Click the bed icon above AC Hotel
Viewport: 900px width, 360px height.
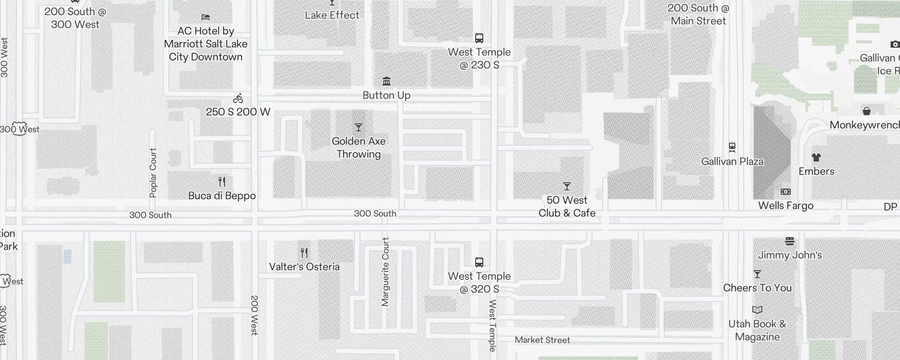(x=206, y=17)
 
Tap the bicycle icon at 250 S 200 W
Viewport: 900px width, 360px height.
(x=238, y=99)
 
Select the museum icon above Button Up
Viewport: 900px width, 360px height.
(x=387, y=81)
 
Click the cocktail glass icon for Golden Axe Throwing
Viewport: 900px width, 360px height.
(x=359, y=128)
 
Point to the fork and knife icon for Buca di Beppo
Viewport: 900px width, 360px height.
(x=222, y=182)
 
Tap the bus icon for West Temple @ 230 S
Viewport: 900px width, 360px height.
(x=479, y=38)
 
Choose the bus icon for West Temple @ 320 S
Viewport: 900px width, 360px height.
(x=479, y=262)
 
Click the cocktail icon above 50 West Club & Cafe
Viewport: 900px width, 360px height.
(x=567, y=186)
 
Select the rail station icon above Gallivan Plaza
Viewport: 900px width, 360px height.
(x=732, y=147)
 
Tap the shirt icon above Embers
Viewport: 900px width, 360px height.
(x=816, y=157)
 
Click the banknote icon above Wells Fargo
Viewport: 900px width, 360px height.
(x=786, y=192)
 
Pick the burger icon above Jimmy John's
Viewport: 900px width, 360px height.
(x=790, y=241)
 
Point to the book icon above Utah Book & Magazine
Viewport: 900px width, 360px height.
(x=757, y=310)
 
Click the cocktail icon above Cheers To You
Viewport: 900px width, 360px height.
(x=757, y=274)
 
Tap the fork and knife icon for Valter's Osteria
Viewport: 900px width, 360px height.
(x=304, y=253)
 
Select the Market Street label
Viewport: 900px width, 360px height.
(x=542, y=340)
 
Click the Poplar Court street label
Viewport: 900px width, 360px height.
(x=153, y=173)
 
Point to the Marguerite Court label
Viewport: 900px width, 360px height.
(x=385, y=272)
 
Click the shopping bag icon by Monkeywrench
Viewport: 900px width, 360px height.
(x=866, y=111)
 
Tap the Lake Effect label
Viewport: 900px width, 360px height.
(x=332, y=15)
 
